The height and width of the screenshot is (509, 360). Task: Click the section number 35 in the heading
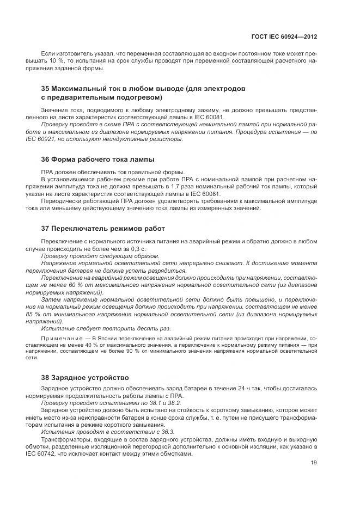(46, 88)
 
